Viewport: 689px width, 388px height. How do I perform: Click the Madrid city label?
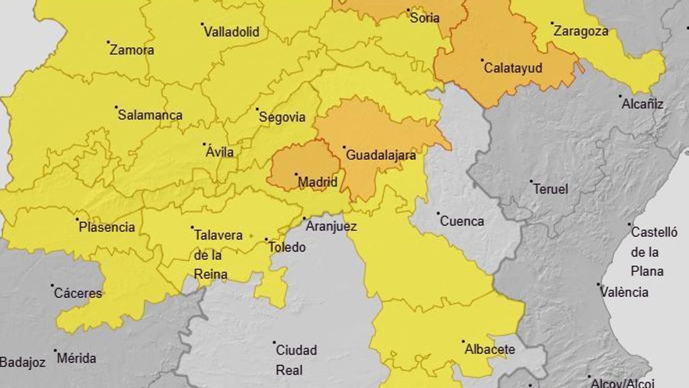[318, 183]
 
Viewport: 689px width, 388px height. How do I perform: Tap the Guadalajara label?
[381, 155]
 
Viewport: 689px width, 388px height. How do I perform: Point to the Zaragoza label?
[580, 32]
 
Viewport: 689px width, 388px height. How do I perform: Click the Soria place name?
[425, 18]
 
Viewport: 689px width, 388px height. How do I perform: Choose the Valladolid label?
[231, 32]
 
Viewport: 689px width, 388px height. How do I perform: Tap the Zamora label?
[132, 50]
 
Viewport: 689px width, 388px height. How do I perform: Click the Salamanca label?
[150, 115]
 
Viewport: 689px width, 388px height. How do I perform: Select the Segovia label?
[282, 117]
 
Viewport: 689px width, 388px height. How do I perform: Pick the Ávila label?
[220, 152]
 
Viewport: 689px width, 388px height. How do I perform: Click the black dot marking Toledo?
[266, 240]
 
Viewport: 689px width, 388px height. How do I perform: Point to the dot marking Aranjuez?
[304, 218]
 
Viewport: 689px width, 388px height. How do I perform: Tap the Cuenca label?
[462, 221]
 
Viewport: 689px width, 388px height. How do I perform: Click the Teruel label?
[550, 189]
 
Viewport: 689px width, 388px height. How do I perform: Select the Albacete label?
[490, 349]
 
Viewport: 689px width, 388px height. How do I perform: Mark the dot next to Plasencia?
[78, 219]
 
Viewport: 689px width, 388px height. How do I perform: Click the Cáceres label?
[78, 293]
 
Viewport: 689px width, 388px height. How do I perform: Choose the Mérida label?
[76, 359]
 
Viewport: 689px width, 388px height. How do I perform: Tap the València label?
[624, 292]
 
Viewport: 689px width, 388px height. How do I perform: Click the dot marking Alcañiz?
[620, 97]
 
